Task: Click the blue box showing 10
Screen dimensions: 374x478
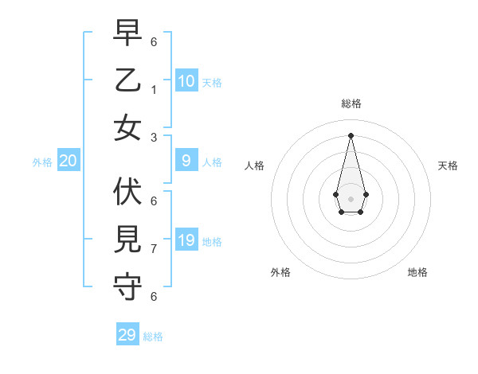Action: click(x=186, y=80)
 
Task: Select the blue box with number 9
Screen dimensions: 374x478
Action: click(x=186, y=161)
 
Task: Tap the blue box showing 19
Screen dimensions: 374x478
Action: click(x=186, y=240)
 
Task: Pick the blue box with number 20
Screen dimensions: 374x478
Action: click(x=69, y=161)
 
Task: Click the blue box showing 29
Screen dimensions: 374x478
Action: click(x=127, y=335)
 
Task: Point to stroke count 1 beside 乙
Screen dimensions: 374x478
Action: click(x=154, y=89)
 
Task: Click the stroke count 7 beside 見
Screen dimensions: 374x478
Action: click(x=154, y=248)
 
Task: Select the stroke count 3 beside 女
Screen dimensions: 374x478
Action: click(x=154, y=137)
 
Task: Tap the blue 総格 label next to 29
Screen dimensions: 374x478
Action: click(x=153, y=337)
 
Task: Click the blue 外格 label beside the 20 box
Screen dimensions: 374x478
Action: click(x=42, y=162)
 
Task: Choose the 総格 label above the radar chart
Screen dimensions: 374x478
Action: click(x=351, y=103)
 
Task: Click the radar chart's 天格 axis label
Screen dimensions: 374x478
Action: click(x=448, y=166)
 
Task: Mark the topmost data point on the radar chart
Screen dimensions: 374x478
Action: click(x=351, y=134)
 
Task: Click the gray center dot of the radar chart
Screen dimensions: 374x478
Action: click(x=351, y=198)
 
